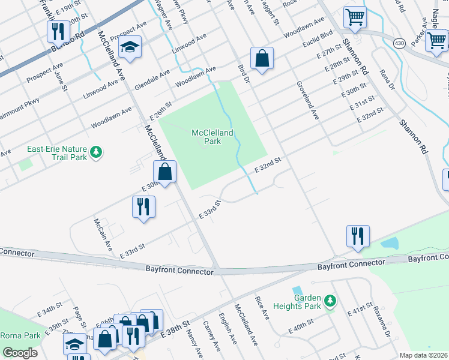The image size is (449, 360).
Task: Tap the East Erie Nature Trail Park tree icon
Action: (x=94, y=153)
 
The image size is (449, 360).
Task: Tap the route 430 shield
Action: (x=399, y=43)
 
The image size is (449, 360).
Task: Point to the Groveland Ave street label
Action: (x=306, y=101)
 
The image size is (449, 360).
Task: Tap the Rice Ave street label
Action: (x=262, y=307)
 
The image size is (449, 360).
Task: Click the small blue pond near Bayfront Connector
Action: (x=389, y=244)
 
